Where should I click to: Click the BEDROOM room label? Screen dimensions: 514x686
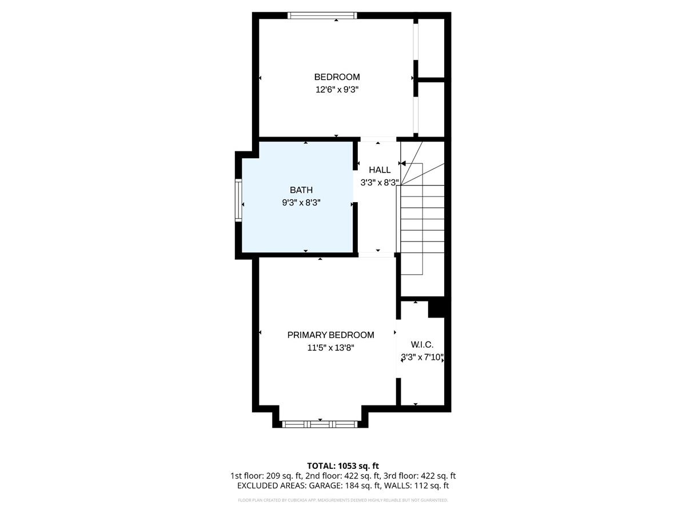[x=337, y=77]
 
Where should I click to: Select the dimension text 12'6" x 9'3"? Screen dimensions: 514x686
[x=337, y=90]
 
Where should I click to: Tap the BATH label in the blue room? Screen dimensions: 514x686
[x=301, y=190]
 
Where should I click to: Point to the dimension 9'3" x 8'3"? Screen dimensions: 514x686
[x=301, y=202]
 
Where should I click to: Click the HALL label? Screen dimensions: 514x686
[x=380, y=170]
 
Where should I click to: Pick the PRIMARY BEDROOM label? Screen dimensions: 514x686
[x=330, y=335]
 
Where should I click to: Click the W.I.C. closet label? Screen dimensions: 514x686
[x=422, y=345]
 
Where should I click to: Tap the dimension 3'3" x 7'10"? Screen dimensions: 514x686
[x=422, y=358]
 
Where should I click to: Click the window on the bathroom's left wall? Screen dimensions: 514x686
[x=238, y=200]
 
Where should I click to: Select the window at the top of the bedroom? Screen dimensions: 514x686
[x=322, y=15]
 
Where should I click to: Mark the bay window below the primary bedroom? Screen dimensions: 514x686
[x=320, y=424]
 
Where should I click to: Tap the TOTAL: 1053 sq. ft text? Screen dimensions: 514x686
[x=343, y=466]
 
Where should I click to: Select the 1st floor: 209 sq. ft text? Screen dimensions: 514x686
[x=265, y=476]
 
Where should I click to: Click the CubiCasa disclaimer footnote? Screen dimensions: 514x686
[x=343, y=500]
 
